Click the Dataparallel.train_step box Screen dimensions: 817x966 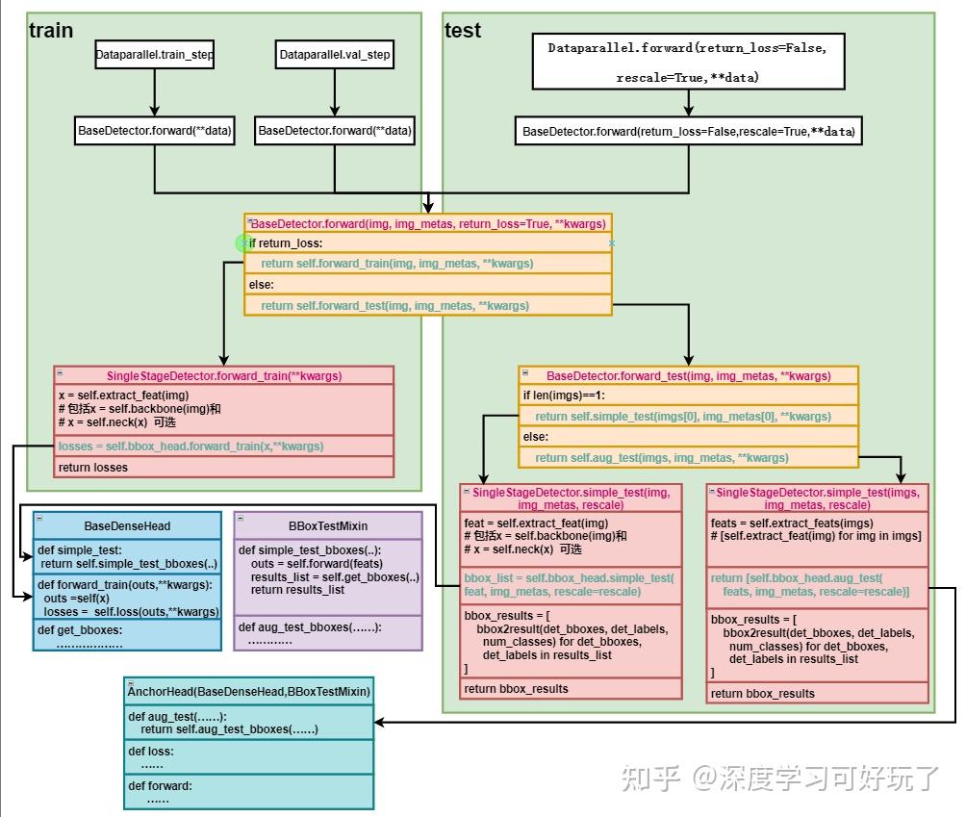pyautogui.click(x=154, y=55)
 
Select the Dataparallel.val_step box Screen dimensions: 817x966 pyautogui.click(x=335, y=55)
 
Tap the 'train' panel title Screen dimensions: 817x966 pyautogui.click(x=51, y=31)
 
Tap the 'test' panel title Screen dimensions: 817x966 pyautogui.click(x=463, y=31)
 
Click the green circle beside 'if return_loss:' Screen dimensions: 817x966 pyautogui.click(x=243, y=243)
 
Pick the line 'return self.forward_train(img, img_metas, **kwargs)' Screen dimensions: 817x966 pyautogui.click(x=396, y=264)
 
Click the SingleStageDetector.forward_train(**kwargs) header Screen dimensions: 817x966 pyautogui.click(x=224, y=376)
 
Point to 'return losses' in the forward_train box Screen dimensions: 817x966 pyautogui.click(x=93, y=468)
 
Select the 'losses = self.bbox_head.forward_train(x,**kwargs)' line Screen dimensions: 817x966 pyautogui.click(x=191, y=447)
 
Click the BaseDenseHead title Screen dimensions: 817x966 pyautogui.click(x=127, y=525)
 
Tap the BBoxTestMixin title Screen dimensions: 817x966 pyautogui.click(x=328, y=525)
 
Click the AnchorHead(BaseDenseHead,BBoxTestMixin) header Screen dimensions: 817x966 pyautogui.click(x=249, y=692)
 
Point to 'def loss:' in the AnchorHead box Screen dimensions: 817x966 pyautogui.click(x=151, y=752)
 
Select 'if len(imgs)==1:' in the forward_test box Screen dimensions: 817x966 pyautogui.click(x=564, y=396)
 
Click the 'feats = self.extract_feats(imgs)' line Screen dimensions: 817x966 pyautogui.click(x=778, y=523)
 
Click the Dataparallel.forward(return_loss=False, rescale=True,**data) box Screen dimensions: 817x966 pyautogui.click(x=687, y=62)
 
